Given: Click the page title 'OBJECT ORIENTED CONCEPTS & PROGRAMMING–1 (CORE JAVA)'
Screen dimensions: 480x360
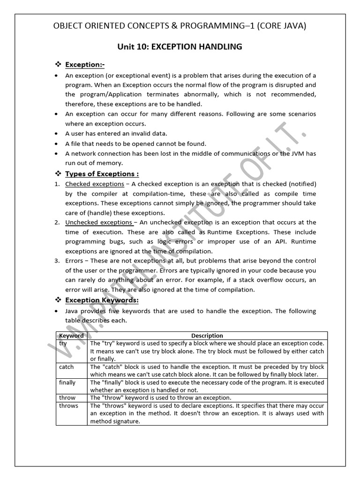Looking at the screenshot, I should [180, 25].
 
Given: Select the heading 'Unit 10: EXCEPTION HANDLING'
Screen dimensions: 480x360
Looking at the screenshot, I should [180, 46].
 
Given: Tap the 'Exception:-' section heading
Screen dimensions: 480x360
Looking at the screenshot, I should [85, 64].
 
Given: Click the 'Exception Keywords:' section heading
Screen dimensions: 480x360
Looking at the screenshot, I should [102, 300].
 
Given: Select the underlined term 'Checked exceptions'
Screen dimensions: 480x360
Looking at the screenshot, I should [95, 184].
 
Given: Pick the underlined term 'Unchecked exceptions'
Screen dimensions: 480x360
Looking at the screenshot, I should [98, 222].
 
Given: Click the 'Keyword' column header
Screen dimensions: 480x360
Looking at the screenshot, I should [71, 336].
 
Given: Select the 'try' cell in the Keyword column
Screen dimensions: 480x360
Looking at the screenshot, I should [64, 343].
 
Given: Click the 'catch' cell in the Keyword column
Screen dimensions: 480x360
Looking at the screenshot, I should [67, 367].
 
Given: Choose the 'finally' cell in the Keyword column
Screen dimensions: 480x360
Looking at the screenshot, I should [67, 382].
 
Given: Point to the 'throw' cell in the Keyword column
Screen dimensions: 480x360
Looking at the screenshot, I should [67, 397].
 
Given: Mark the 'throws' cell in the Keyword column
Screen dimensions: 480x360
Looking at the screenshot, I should [68, 405].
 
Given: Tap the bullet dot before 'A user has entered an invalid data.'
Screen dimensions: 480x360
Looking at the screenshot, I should [57, 134].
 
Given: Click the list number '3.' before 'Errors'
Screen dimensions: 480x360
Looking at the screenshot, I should [56, 261].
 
